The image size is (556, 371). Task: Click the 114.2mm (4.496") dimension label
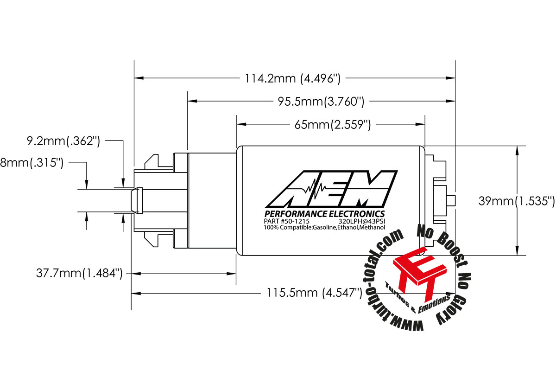coord(293,78)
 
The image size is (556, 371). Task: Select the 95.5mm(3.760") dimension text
coord(320,101)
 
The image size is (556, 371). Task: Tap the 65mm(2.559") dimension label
coord(332,124)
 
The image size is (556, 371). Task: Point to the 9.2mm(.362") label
coord(63,141)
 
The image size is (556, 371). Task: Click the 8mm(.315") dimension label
coord(32,163)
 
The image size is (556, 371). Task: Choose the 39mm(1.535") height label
coord(516,201)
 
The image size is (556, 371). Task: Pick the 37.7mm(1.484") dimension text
coord(79,273)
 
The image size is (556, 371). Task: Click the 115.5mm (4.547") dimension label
coord(314,293)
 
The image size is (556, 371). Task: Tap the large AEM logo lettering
coord(331,190)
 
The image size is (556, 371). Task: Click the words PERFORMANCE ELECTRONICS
coord(324,214)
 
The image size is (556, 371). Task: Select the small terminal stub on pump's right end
coord(452,201)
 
